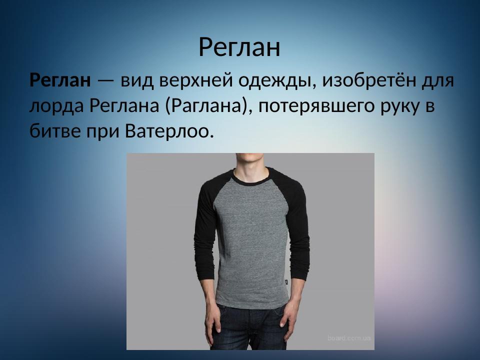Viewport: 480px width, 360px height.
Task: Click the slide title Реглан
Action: pyautogui.click(x=239, y=47)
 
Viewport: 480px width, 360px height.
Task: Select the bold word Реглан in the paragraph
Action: pyautogui.click(x=60, y=80)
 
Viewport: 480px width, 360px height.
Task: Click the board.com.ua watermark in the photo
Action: pyautogui.click(x=349, y=338)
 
